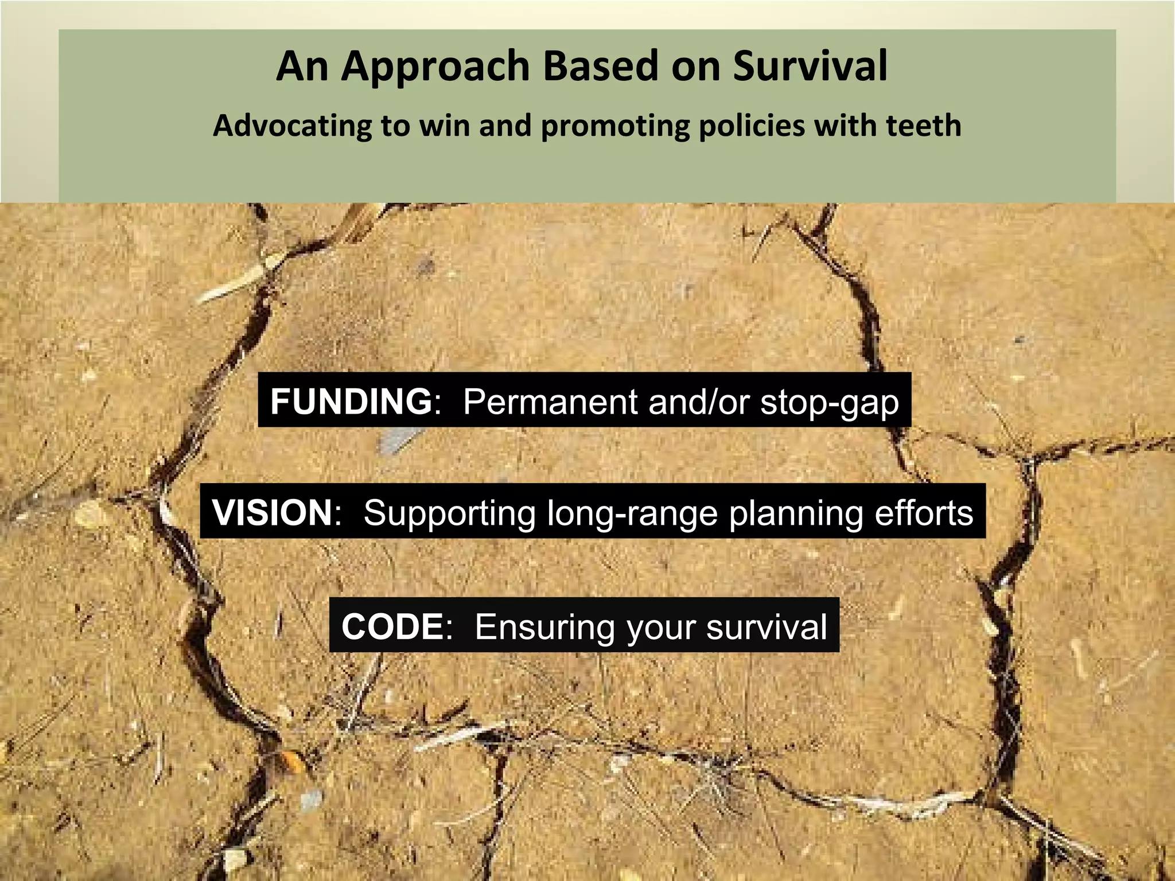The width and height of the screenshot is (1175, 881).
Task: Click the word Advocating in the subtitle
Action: click(x=293, y=126)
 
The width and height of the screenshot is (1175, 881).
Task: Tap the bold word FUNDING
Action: click(x=351, y=401)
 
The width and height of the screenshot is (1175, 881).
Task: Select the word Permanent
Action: click(x=550, y=401)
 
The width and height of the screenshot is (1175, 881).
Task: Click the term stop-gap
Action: click(x=830, y=402)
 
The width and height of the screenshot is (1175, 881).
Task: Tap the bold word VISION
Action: click(x=272, y=512)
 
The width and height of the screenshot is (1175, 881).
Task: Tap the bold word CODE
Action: click(x=392, y=626)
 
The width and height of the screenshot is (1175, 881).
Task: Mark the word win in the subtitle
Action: click(x=445, y=126)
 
